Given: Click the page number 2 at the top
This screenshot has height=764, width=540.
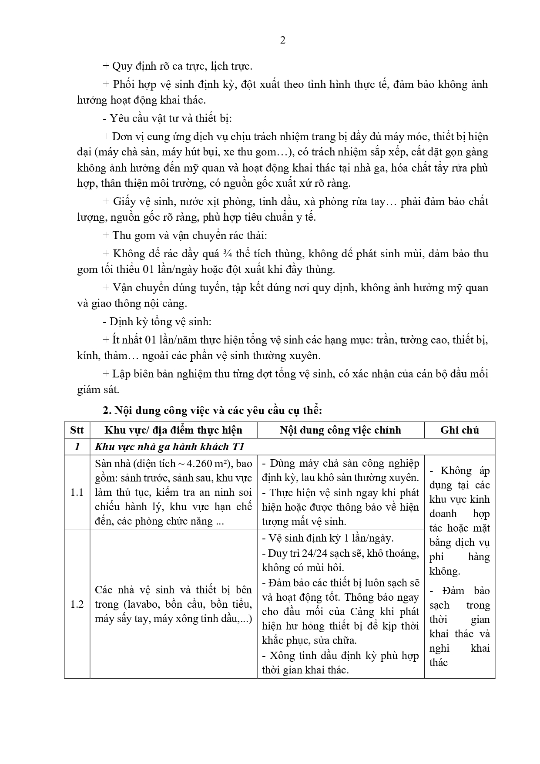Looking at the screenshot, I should pos(283,40).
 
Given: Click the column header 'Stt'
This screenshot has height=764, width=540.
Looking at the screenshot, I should pos(77,430).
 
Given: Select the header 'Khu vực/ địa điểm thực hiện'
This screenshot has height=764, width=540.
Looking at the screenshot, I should pos(173,430).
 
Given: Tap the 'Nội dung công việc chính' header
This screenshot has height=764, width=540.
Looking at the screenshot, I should pos(340,430).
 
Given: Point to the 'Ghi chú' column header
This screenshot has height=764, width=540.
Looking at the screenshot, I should pos(460,430).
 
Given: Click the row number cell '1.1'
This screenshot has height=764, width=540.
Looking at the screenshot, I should pos(77,493).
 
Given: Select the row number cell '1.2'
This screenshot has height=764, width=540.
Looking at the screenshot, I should pos(77,604).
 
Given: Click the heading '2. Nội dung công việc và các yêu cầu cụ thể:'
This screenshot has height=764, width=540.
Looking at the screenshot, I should pos(212,411).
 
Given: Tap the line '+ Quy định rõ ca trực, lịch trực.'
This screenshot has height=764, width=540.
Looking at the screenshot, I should pos(178,66).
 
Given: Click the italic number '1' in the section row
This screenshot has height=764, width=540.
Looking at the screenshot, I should pos(77,447).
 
